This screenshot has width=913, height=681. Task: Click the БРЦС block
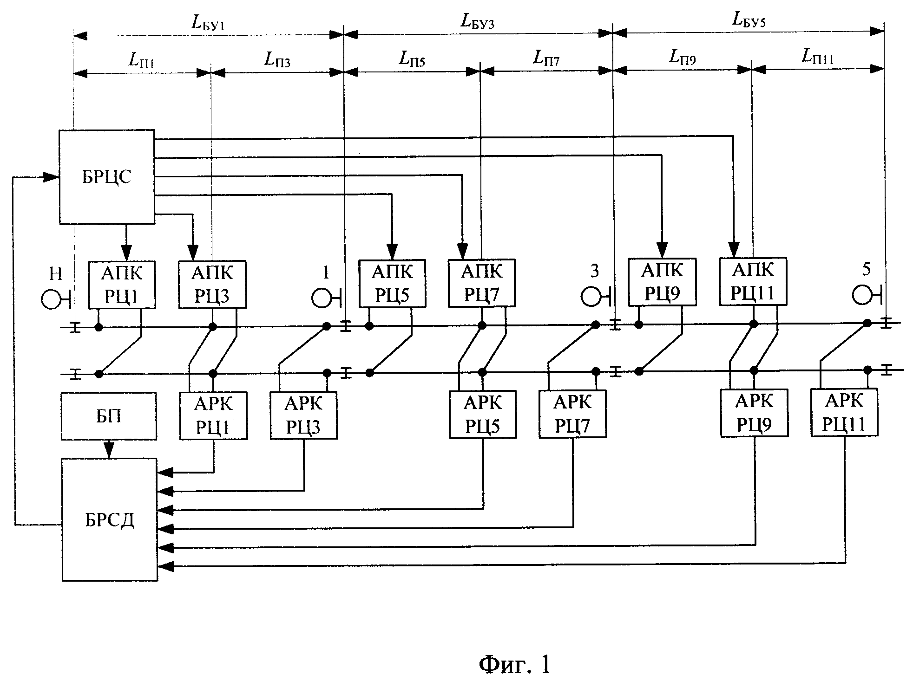(107, 176)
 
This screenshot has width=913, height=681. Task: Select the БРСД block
(110, 519)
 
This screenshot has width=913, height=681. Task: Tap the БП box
(109, 416)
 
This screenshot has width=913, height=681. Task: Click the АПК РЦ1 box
(122, 285)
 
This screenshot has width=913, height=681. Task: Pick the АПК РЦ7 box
(482, 283)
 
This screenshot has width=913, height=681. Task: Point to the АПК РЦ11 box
(753, 281)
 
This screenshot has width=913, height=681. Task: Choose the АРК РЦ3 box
(303, 415)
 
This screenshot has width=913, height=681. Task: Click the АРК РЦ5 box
(483, 415)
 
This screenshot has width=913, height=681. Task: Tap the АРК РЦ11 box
(844, 412)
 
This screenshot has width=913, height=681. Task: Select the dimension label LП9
(682, 57)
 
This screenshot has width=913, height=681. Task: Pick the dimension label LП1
(141, 61)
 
